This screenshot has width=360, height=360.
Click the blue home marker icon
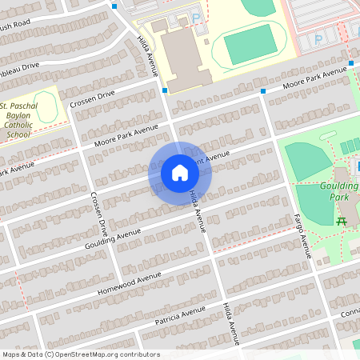(x=179, y=172)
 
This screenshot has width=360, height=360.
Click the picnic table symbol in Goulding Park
(x=342, y=220)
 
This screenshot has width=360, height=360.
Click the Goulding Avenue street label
(x=113, y=238)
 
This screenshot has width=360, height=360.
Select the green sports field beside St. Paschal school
(x=46, y=107)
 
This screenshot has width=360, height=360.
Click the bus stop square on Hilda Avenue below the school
(x=164, y=90)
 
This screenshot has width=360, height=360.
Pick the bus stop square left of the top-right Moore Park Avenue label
(x=263, y=90)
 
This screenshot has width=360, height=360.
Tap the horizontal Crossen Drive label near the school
(x=92, y=99)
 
